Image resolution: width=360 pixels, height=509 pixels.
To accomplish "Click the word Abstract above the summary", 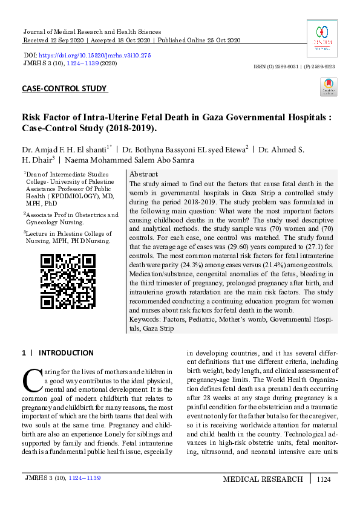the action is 144,173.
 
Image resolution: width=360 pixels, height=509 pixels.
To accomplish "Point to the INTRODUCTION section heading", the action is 66,352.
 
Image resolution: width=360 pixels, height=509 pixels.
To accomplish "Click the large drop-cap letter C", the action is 30,379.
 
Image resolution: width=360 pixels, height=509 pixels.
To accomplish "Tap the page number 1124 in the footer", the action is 324,479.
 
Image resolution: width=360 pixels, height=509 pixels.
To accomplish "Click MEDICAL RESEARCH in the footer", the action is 263,479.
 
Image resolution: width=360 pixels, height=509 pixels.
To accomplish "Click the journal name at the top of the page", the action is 91,31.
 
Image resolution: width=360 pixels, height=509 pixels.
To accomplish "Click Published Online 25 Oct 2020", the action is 198,40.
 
